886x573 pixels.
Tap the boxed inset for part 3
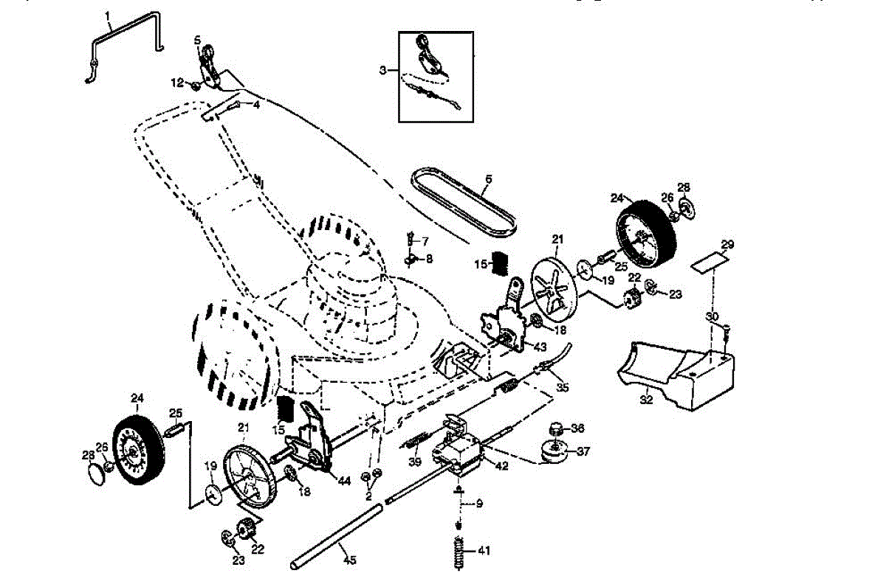click(436, 76)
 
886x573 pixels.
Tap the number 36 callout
click(577, 428)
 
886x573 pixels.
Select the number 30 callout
click(712, 317)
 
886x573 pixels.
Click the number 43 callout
click(541, 346)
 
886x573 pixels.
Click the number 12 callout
click(176, 82)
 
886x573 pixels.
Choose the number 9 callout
click(479, 504)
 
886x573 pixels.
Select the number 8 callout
click(429, 258)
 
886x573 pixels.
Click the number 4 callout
click(256, 105)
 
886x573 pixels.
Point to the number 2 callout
click(368, 496)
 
